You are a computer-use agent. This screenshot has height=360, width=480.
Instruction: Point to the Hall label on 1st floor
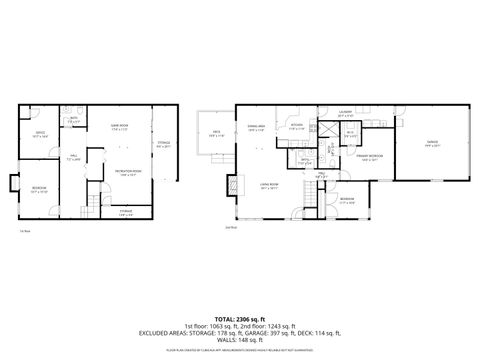(x=73, y=158)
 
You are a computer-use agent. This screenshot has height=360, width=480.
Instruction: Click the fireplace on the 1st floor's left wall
(x=13, y=183)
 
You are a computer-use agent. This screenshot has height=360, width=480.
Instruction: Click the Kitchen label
(x=297, y=127)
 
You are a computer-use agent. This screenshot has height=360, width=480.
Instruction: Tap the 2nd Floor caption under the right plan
(x=231, y=228)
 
